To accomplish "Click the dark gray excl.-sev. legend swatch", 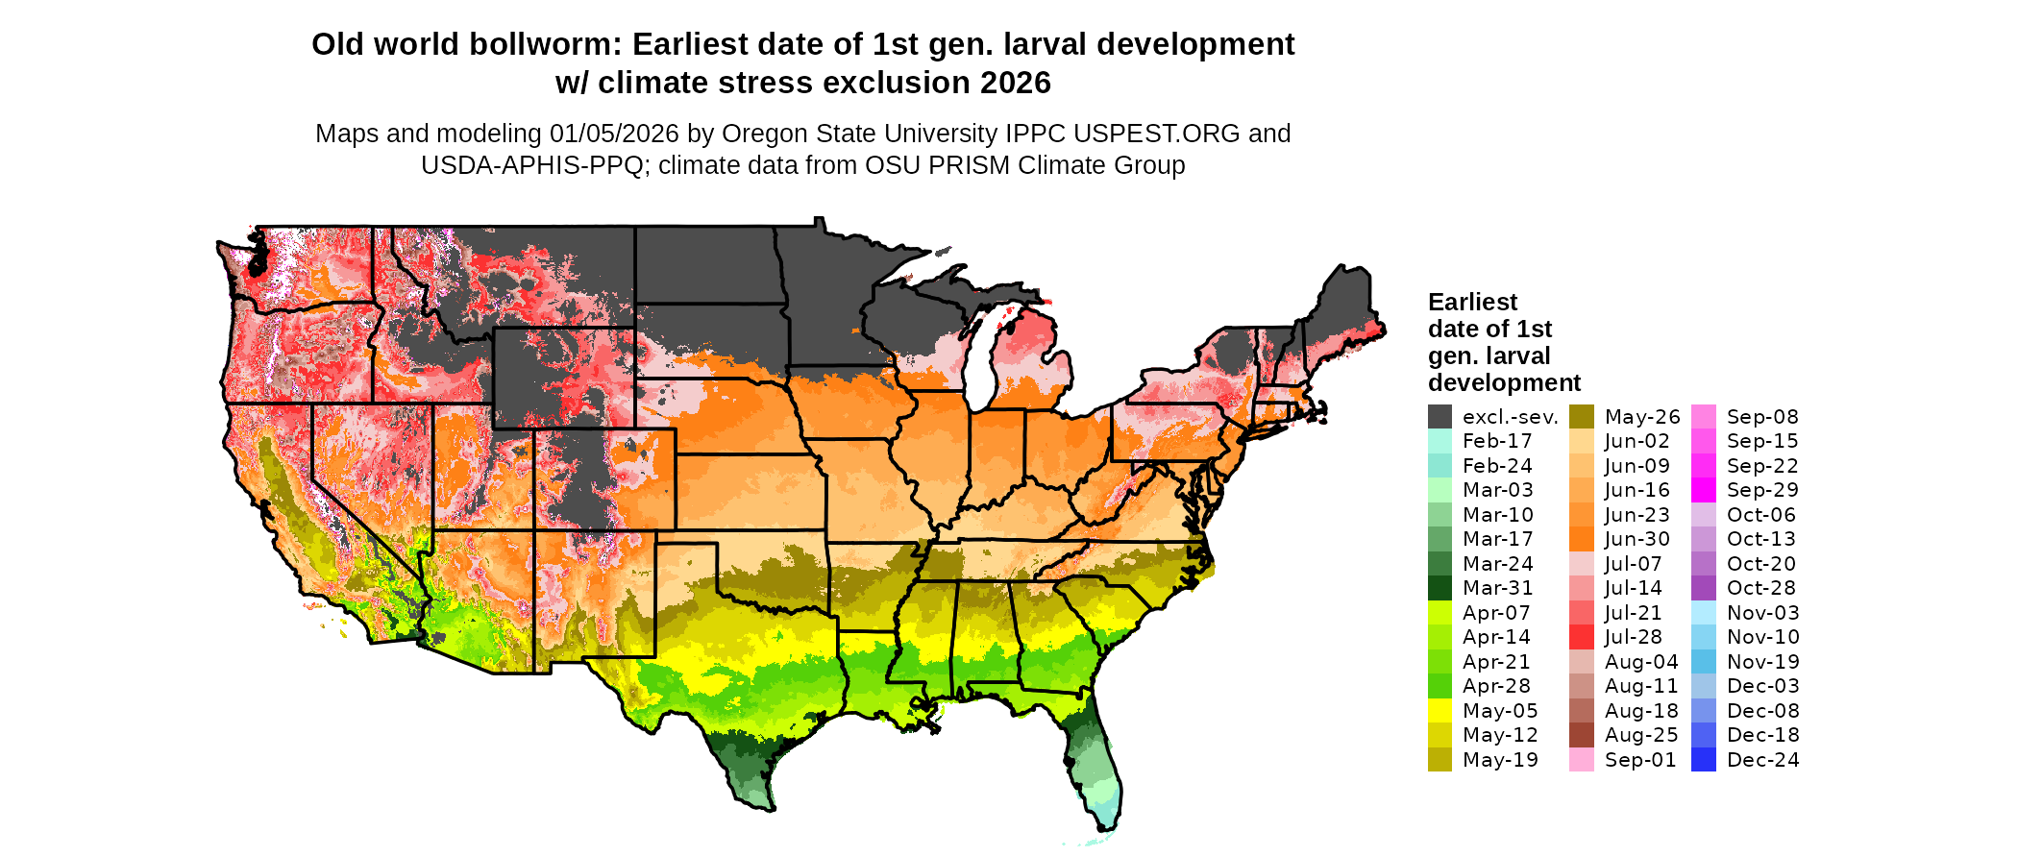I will [x=1440, y=417].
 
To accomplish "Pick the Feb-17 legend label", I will [x=1497, y=441].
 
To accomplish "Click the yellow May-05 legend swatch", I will [x=1440, y=711].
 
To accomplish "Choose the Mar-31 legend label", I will [x=1497, y=588].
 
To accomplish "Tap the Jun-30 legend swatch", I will [x=1581, y=539].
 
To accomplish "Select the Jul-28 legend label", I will [x=1633, y=637].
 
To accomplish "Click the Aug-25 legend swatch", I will [x=1581, y=735].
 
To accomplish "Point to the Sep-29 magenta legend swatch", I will [x=1703, y=490].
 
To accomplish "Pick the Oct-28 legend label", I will [x=1760, y=588].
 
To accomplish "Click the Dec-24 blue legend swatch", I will [x=1703, y=760].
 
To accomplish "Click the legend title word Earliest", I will [x=1472, y=303].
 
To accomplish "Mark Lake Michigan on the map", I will [x=979, y=360].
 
